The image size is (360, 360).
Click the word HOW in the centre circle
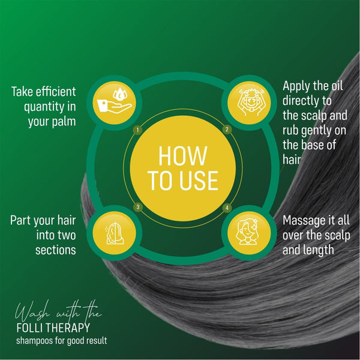(x=183, y=156)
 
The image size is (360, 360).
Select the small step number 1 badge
(x=137, y=130)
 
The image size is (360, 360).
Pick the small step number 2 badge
(x=227, y=130)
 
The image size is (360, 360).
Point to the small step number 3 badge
(x=138, y=207)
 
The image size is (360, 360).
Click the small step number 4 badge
(x=227, y=208)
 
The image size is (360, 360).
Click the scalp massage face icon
(x=250, y=103)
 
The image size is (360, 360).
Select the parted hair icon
(x=115, y=233)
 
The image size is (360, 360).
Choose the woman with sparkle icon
(x=247, y=232)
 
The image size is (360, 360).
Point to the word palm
(x=64, y=122)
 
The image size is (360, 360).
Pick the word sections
(x=56, y=250)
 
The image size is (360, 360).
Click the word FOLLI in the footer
(x=29, y=328)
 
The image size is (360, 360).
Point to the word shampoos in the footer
(x=34, y=341)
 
